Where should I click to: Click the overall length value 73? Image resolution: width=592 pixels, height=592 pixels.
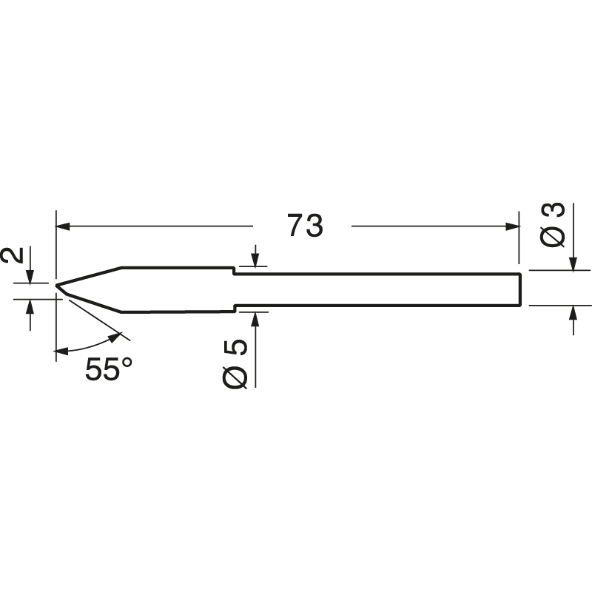305,226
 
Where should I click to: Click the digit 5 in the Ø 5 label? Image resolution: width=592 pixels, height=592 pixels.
236,350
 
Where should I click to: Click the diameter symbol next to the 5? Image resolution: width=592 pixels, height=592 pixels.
236,377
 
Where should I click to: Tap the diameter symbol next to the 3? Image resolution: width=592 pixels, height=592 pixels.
556,237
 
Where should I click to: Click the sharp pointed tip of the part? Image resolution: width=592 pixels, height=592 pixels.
57,285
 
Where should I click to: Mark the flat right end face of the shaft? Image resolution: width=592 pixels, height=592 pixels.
521,289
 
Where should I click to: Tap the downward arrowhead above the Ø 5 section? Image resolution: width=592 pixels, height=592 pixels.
255,261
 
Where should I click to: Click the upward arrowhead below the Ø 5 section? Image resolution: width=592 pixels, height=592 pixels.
255,317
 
